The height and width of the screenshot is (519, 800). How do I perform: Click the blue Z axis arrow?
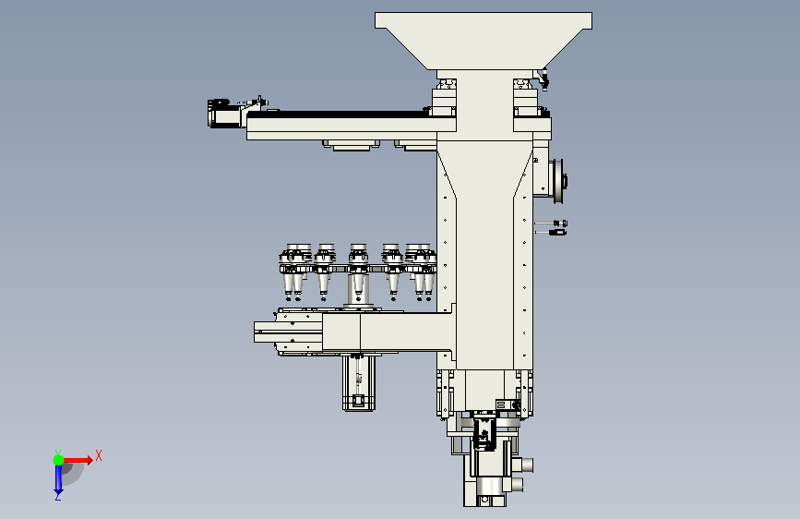point(58,479)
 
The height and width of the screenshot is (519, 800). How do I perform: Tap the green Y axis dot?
point(58,460)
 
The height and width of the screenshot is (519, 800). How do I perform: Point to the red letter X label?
point(99,455)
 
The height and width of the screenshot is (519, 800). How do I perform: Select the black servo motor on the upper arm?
point(224,114)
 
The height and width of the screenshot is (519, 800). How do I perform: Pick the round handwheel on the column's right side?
point(558,181)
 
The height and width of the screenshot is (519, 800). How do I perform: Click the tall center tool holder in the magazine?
point(358,273)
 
